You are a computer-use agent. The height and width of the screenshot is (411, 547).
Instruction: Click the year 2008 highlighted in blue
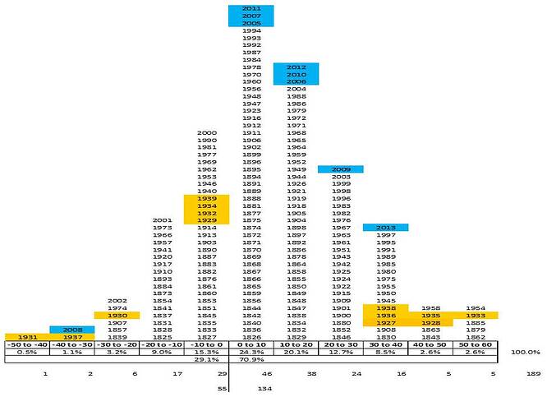71,329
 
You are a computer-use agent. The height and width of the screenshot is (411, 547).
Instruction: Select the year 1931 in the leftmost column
26,336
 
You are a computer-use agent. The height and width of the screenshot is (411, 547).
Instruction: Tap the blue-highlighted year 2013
385,227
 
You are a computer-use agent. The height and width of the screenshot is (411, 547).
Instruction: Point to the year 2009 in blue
341,169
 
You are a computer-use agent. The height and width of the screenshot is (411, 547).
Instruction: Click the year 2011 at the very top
251,8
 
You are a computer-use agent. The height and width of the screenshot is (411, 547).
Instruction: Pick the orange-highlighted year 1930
117,315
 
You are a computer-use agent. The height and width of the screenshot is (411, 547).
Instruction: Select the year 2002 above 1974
117,300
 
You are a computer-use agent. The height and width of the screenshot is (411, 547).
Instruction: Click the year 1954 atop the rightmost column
476,307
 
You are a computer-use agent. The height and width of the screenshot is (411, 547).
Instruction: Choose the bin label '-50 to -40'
26,344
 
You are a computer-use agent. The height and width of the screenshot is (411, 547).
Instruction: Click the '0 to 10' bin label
251,344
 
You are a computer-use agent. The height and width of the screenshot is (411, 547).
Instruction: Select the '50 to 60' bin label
476,344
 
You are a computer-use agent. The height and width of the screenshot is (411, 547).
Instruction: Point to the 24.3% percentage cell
251,351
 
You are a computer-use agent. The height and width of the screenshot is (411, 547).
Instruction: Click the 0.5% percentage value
26,351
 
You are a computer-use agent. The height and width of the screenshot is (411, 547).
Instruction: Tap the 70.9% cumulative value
251,359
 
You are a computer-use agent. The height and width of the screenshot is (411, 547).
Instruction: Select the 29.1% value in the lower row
207,359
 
